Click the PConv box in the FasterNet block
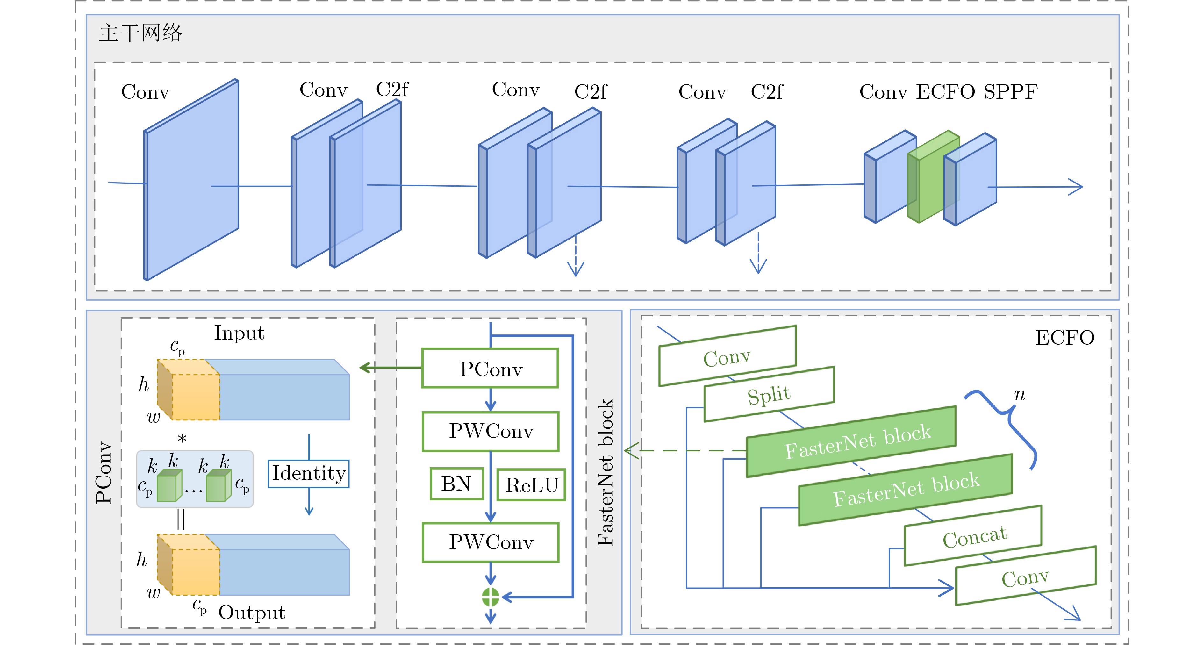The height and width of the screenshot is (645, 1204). coord(490,368)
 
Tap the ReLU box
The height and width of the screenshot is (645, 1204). coord(531,485)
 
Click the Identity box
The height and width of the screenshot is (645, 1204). coord(308,473)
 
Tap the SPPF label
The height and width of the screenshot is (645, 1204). coord(1010,92)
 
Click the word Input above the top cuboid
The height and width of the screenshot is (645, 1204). coord(239,333)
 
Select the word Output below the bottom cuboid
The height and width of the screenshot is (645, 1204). coord(251,612)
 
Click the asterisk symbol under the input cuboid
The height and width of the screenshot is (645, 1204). coord(182,438)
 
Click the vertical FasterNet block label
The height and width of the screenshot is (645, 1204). coord(605,472)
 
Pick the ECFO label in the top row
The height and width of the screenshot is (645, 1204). coord(945,92)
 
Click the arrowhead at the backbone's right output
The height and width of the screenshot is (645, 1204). coord(1077,187)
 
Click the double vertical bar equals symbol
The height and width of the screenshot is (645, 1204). coord(181,519)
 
